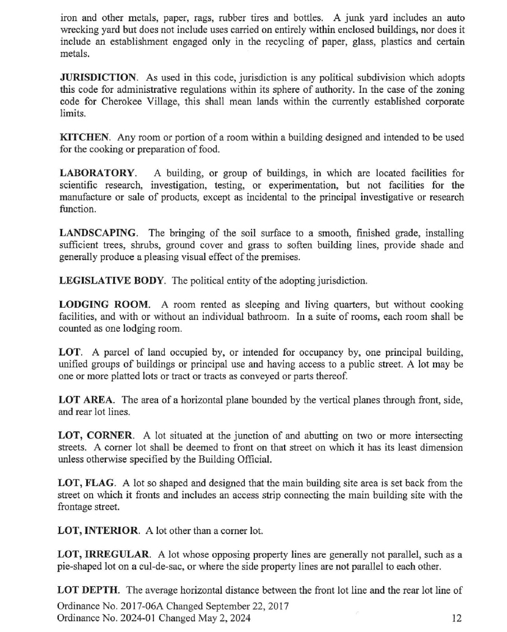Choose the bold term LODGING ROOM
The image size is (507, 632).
(x=104, y=305)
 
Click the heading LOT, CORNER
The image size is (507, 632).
(x=96, y=436)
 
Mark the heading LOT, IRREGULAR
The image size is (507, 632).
(x=104, y=555)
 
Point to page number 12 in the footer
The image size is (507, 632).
(x=456, y=618)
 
